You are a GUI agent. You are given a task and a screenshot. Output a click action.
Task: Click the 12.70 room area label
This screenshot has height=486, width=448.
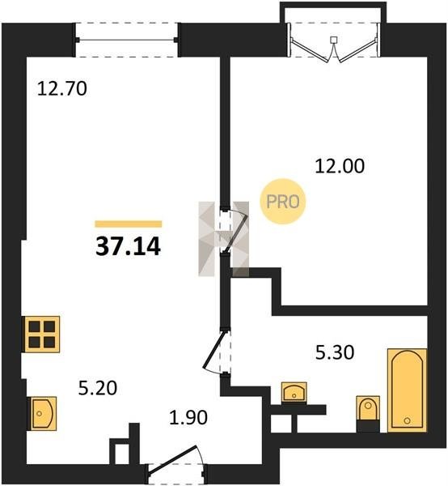(x=62, y=88)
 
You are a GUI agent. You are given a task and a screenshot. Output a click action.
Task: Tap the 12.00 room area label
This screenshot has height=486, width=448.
(x=340, y=166)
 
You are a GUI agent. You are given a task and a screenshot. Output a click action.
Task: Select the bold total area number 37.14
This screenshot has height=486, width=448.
(x=128, y=246)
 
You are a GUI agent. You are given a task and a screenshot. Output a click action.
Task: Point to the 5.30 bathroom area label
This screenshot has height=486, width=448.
(x=335, y=352)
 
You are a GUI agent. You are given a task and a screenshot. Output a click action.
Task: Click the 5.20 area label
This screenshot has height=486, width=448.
(x=98, y=388)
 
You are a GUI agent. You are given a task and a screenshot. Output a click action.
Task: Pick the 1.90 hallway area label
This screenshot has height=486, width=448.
(x=188, y=417)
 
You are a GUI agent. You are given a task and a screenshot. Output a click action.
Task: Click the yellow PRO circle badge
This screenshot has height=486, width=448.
(x=283, y=202)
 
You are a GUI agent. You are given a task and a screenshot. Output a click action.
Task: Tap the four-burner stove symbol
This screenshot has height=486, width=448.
(x=42, y=335)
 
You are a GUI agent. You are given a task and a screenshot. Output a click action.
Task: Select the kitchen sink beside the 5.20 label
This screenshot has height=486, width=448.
(x=42, y=413)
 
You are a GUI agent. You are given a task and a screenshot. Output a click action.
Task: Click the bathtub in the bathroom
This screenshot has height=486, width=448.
(x=407, y=390)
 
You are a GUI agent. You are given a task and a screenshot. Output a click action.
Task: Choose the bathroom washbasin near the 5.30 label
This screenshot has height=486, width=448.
(x=294, y=392)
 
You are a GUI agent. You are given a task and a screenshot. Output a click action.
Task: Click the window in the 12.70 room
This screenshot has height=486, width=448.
(x=126, y=40)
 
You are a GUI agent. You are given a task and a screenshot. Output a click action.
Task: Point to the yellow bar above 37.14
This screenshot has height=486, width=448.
(x=129, y=224)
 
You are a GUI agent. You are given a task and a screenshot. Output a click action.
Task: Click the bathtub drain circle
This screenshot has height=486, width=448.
(x=408, y=420)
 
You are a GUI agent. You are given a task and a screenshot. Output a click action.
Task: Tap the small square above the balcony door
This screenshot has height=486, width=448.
(x=333, y=40)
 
